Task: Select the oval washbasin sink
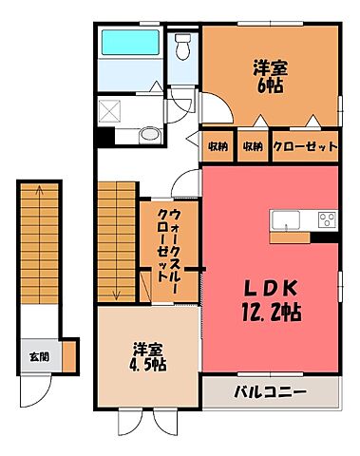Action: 147,135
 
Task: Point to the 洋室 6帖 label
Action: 270,76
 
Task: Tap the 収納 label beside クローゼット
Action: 252,146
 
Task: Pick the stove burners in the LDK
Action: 327,220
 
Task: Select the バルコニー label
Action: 271,390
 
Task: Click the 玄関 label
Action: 36,357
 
